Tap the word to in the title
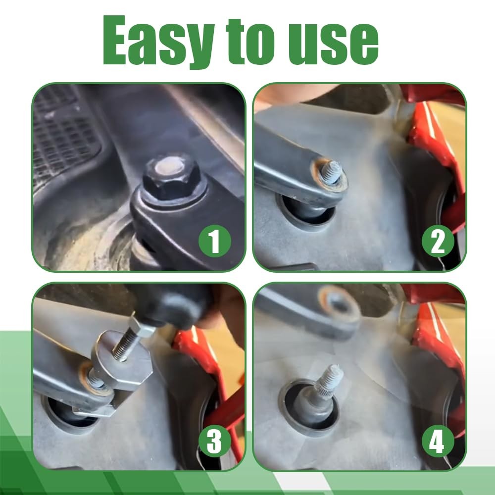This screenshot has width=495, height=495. (x=250, y=41)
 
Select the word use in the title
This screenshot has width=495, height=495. (x=334, y=44)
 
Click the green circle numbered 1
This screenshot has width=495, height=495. (x=215, y=241)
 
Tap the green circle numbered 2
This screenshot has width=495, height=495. (x=438, y=241)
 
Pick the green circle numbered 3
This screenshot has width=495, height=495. (x=215, y=441)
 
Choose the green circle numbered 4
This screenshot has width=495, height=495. (x=438, y=441)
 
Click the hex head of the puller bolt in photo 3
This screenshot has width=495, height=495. (x=142, y=327)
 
